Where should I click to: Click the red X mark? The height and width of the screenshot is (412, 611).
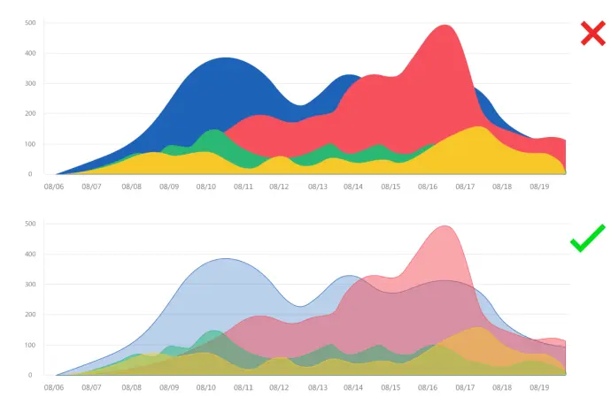coord(592,34)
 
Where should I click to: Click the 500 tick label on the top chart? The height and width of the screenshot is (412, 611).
coord(31,23)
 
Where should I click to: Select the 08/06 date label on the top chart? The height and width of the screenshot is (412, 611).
coord(54,187)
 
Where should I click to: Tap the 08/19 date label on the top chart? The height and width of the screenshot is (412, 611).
coord(539,187)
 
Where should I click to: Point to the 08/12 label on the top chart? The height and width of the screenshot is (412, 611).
coord(279,187)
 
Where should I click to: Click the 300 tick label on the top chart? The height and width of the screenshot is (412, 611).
coord(31,84)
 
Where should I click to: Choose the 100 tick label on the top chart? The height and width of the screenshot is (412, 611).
coord(31,144)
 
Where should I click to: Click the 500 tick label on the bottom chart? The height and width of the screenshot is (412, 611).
coord(31,224)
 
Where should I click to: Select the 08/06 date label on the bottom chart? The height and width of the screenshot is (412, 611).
coord(54,387)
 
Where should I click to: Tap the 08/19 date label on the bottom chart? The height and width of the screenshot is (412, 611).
coord(539,387)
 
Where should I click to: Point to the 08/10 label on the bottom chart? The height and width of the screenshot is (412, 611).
coord(205,387)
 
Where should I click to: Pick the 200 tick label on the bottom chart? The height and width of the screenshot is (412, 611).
coord(31,315)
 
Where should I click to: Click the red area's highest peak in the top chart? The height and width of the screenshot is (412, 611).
coord(445,27)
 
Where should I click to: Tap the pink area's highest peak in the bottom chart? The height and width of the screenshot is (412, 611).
coord(445,227)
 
